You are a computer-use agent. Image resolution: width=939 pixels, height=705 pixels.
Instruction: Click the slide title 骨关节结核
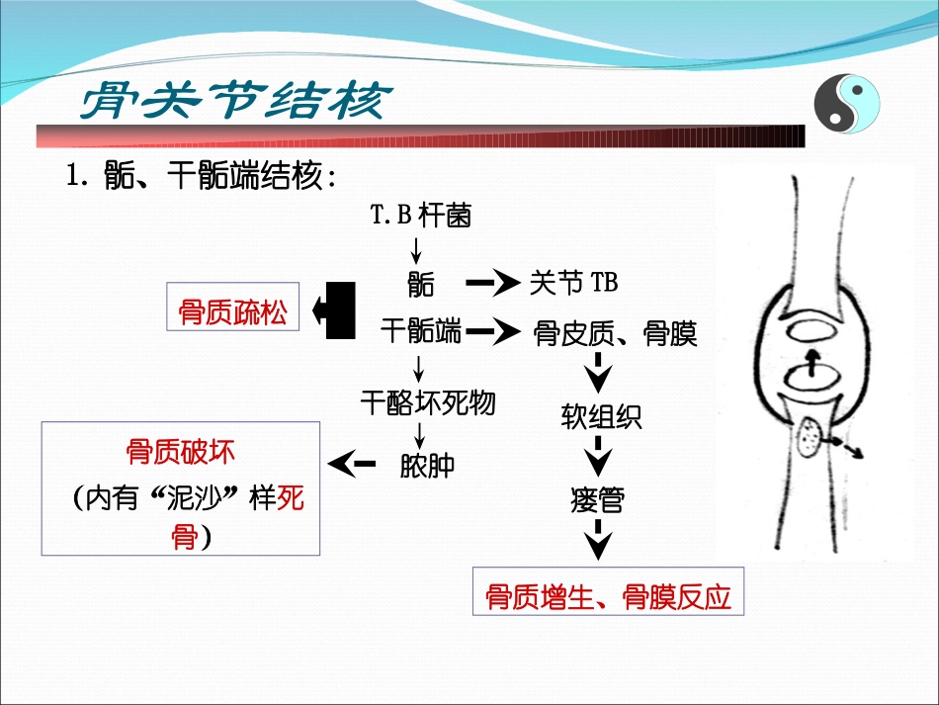[235, 101]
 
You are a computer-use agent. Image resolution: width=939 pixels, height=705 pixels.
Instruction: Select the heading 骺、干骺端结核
[202, 179]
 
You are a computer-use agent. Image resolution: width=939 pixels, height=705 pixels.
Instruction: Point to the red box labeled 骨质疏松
[233, 312]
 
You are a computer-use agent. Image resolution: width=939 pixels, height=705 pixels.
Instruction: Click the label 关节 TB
[573, 283]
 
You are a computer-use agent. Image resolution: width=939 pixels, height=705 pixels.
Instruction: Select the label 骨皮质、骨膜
[615, 334]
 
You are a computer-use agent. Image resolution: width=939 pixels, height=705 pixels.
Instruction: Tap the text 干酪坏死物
[427, 402]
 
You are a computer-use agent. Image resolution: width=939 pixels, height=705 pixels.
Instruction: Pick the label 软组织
[601, 416]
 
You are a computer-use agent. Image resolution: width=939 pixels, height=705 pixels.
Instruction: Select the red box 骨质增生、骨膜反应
[608, 596]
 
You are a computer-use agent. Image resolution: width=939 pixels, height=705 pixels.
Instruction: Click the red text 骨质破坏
[181, 453]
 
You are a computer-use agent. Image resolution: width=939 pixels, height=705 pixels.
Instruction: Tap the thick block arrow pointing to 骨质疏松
[333, 310]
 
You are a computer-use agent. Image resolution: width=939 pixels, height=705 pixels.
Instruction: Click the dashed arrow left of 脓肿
[352, 463]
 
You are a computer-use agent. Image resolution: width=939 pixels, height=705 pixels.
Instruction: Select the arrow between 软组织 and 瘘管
[598, 459]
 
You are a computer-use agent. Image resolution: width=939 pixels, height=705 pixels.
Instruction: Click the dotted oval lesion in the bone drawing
[809, 436]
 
